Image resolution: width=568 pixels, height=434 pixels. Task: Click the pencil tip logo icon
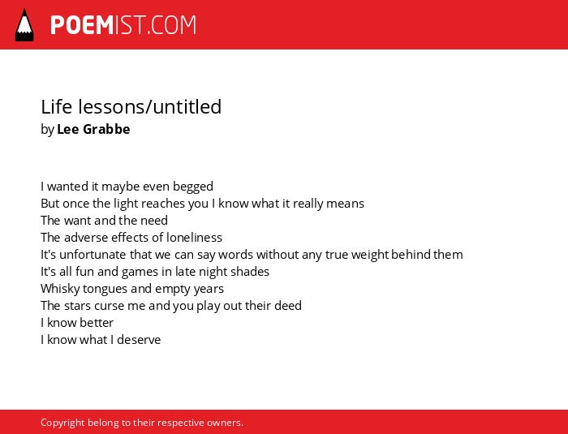tap(24, 25)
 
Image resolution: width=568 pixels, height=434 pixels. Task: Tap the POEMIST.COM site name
tap(123, 25)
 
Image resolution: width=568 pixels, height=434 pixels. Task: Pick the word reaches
tap(163, 204)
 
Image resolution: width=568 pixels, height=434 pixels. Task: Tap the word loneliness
tap(194, 238)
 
